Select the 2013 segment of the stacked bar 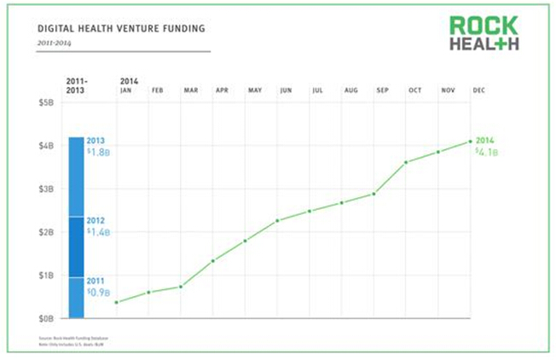click(76, 176)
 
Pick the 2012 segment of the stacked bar click(76, 246)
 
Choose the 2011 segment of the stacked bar click(76, 297)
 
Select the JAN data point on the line click(116, 302)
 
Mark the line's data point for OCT click(406, 162)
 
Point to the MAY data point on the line click(245, 241)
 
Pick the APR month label click(222, 89)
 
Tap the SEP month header click(383, 89)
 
